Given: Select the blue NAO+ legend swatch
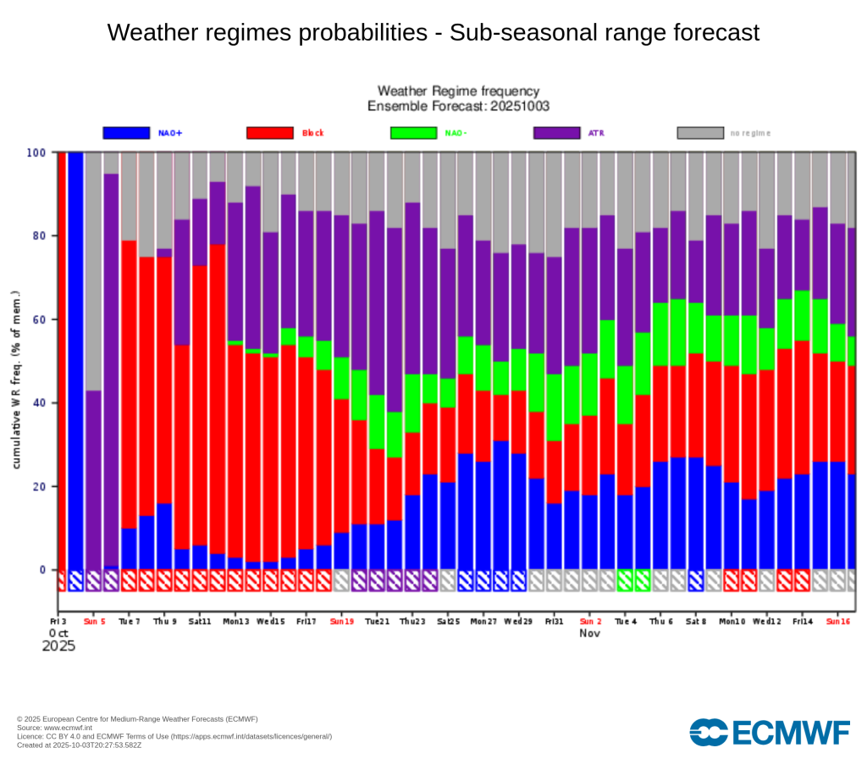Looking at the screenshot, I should [x=126, y=133].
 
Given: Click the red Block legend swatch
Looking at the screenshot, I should [x=270, y=133].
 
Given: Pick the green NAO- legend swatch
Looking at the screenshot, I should [x=413, y=133].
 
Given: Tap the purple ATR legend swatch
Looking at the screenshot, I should [x=557, y=133].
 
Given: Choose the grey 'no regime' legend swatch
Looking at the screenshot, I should [x=700, y=133].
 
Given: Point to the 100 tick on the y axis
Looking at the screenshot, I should [x=36, y=152].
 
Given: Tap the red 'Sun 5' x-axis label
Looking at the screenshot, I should [x=94, y=621].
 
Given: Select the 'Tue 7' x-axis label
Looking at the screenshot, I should [x=130, y=621].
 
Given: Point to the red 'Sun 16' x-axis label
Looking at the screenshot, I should [x=838, y=621].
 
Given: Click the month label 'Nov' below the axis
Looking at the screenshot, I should [x=590, y=633].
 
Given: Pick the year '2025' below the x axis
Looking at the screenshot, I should [x=58, y=645].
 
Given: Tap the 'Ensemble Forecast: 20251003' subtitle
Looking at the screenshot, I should [x=458, y=106].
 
